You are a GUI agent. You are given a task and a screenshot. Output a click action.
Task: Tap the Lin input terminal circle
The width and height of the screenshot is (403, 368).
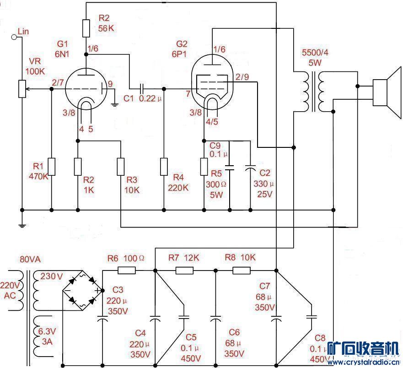[14, 37]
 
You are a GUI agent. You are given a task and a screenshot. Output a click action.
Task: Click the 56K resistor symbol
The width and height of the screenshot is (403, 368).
[86, 28]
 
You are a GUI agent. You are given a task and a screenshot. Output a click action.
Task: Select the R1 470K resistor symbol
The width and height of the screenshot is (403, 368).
[51, 167]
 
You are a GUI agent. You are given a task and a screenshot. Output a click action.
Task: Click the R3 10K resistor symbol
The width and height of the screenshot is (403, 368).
[120, 167]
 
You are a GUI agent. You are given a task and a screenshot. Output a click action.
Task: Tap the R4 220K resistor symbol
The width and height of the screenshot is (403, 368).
[164, 167]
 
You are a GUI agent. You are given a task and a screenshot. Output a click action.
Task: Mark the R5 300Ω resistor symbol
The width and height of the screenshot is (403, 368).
[204, 167]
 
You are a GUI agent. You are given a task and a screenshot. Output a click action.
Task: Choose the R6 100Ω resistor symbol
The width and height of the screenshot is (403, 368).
[127, 270]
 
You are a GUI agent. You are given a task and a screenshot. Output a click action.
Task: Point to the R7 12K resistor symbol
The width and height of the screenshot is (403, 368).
[184, 270]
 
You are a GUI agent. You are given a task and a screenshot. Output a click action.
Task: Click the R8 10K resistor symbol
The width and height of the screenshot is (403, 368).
[241, 270]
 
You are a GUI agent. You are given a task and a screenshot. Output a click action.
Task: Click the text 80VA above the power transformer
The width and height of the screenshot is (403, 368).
[30, 260]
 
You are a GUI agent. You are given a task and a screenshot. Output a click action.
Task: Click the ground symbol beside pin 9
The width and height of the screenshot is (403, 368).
[115, 105]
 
